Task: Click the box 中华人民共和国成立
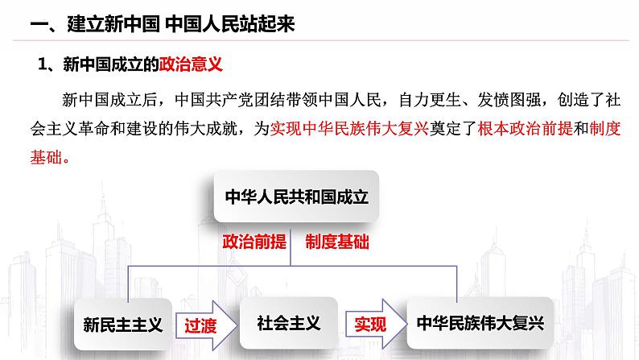296,197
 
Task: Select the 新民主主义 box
123,324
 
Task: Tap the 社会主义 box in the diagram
288,324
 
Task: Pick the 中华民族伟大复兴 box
480,324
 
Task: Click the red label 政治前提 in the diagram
254,242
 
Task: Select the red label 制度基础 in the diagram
338,242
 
